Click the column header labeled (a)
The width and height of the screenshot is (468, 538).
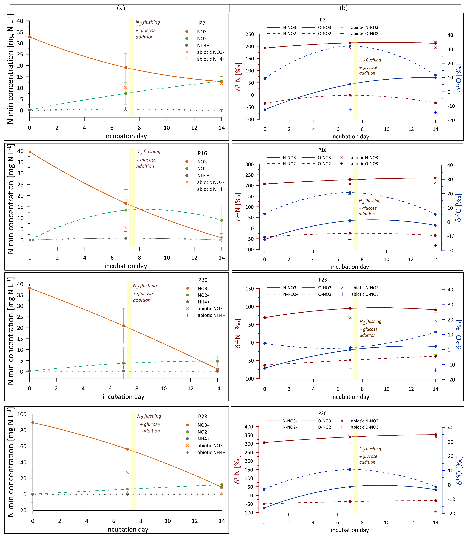pos(121,8)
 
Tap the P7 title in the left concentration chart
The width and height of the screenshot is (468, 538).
pos(202,23)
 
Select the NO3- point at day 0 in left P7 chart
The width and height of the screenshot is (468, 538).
pos(29,37)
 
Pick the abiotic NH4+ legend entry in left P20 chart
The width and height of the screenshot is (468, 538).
pos(211,315)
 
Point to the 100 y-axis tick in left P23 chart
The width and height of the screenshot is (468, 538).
pos(22,414)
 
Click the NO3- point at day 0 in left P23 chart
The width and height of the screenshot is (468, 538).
pos(33,422)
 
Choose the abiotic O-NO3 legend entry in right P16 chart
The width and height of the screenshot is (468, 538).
pos(364,164)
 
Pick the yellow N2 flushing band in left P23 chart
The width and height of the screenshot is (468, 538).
pos(133,460)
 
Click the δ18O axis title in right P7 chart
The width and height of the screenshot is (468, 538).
pos(459,78)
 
